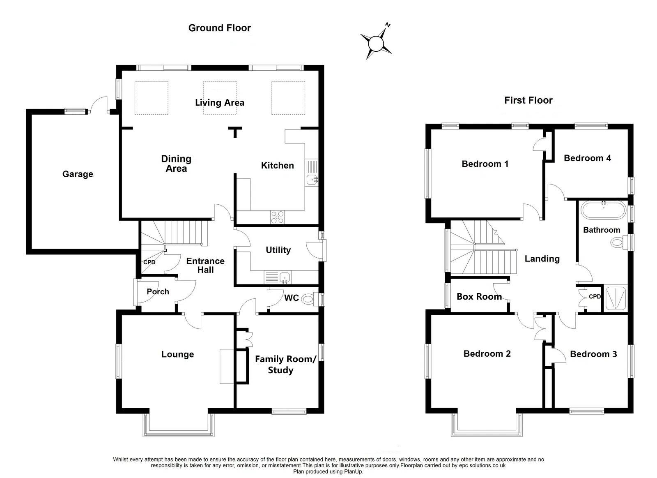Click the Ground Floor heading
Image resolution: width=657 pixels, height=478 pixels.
click(x=219, y=28)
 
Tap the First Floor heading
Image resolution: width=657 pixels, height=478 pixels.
click(x=528, y=100)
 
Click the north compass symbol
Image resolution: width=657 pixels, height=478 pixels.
click(x=376, y=42)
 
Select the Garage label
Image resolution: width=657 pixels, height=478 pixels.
click(x=78, y=174)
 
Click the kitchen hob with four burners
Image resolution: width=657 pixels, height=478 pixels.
click(x=278, y=217)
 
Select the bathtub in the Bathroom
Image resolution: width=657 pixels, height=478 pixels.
click(x=603, y=210)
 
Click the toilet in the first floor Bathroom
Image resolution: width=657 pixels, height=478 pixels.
click(x=618, y=242)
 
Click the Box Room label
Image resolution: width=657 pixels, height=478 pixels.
click(x=479, y=297)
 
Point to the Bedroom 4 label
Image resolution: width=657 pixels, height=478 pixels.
click(x=587, y=158)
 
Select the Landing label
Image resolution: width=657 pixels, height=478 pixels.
click(x=542, y=259)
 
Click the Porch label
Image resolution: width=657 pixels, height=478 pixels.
click(x=158, y=291)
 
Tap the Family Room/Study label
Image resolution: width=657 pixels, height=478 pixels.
click(x=285, y=364)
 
